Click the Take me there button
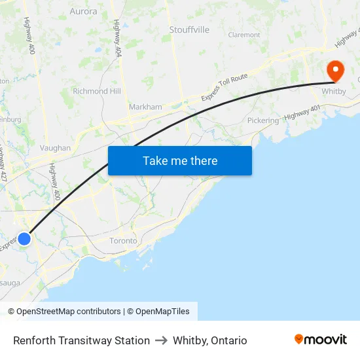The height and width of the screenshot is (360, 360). tap(180, 160)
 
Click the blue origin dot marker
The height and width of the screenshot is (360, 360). tap(24, 239)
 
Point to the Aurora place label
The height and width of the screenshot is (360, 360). tap(83, 11)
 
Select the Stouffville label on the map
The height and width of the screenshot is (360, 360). tap(189, 29)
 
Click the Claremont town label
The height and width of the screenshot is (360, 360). tap(244, 35)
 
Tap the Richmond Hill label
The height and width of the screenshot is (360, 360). tap(97, 91)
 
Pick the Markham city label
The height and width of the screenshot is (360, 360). tap(145, 107)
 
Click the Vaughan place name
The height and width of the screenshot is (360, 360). tap(55, 148)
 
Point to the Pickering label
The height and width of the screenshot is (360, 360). tap(262, 120)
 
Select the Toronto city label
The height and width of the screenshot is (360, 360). tap(123, 241)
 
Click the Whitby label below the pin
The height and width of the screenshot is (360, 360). tap(334, 92)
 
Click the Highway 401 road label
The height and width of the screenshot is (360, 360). tap(303, 112)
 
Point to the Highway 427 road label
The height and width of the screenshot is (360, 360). tap(3, 167)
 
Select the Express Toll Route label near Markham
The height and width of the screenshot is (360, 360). tap(225, 87)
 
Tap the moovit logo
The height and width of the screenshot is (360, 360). tap(320, 340)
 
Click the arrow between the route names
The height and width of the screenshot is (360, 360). tap(161, 340)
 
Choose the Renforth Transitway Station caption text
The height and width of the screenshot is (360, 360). tap(81, 340)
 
